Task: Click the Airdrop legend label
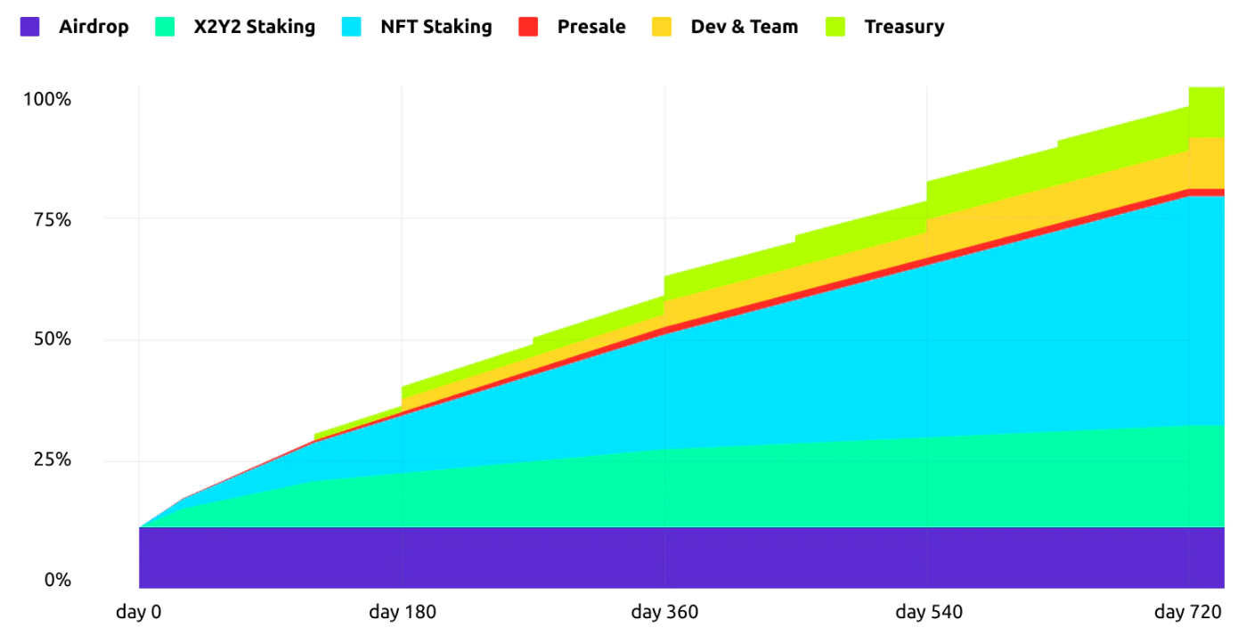click(94, 27)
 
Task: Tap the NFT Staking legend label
click(436, 27)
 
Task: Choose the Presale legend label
click(591, 27)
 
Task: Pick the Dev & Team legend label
click(745, 27)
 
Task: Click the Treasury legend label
click(904, 27)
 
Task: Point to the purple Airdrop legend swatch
click(29, 27)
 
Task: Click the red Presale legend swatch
click(528, 27)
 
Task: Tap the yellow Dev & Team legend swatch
click(662, 27)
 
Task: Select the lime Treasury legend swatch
click(835, 27)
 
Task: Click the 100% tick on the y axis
click(46, 99)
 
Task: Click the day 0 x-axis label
click(139, 612)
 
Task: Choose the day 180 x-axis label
click(403, 612)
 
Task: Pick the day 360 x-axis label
click(664, 612)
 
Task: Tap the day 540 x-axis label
click(928, 612)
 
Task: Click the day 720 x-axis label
click(1190, 612)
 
